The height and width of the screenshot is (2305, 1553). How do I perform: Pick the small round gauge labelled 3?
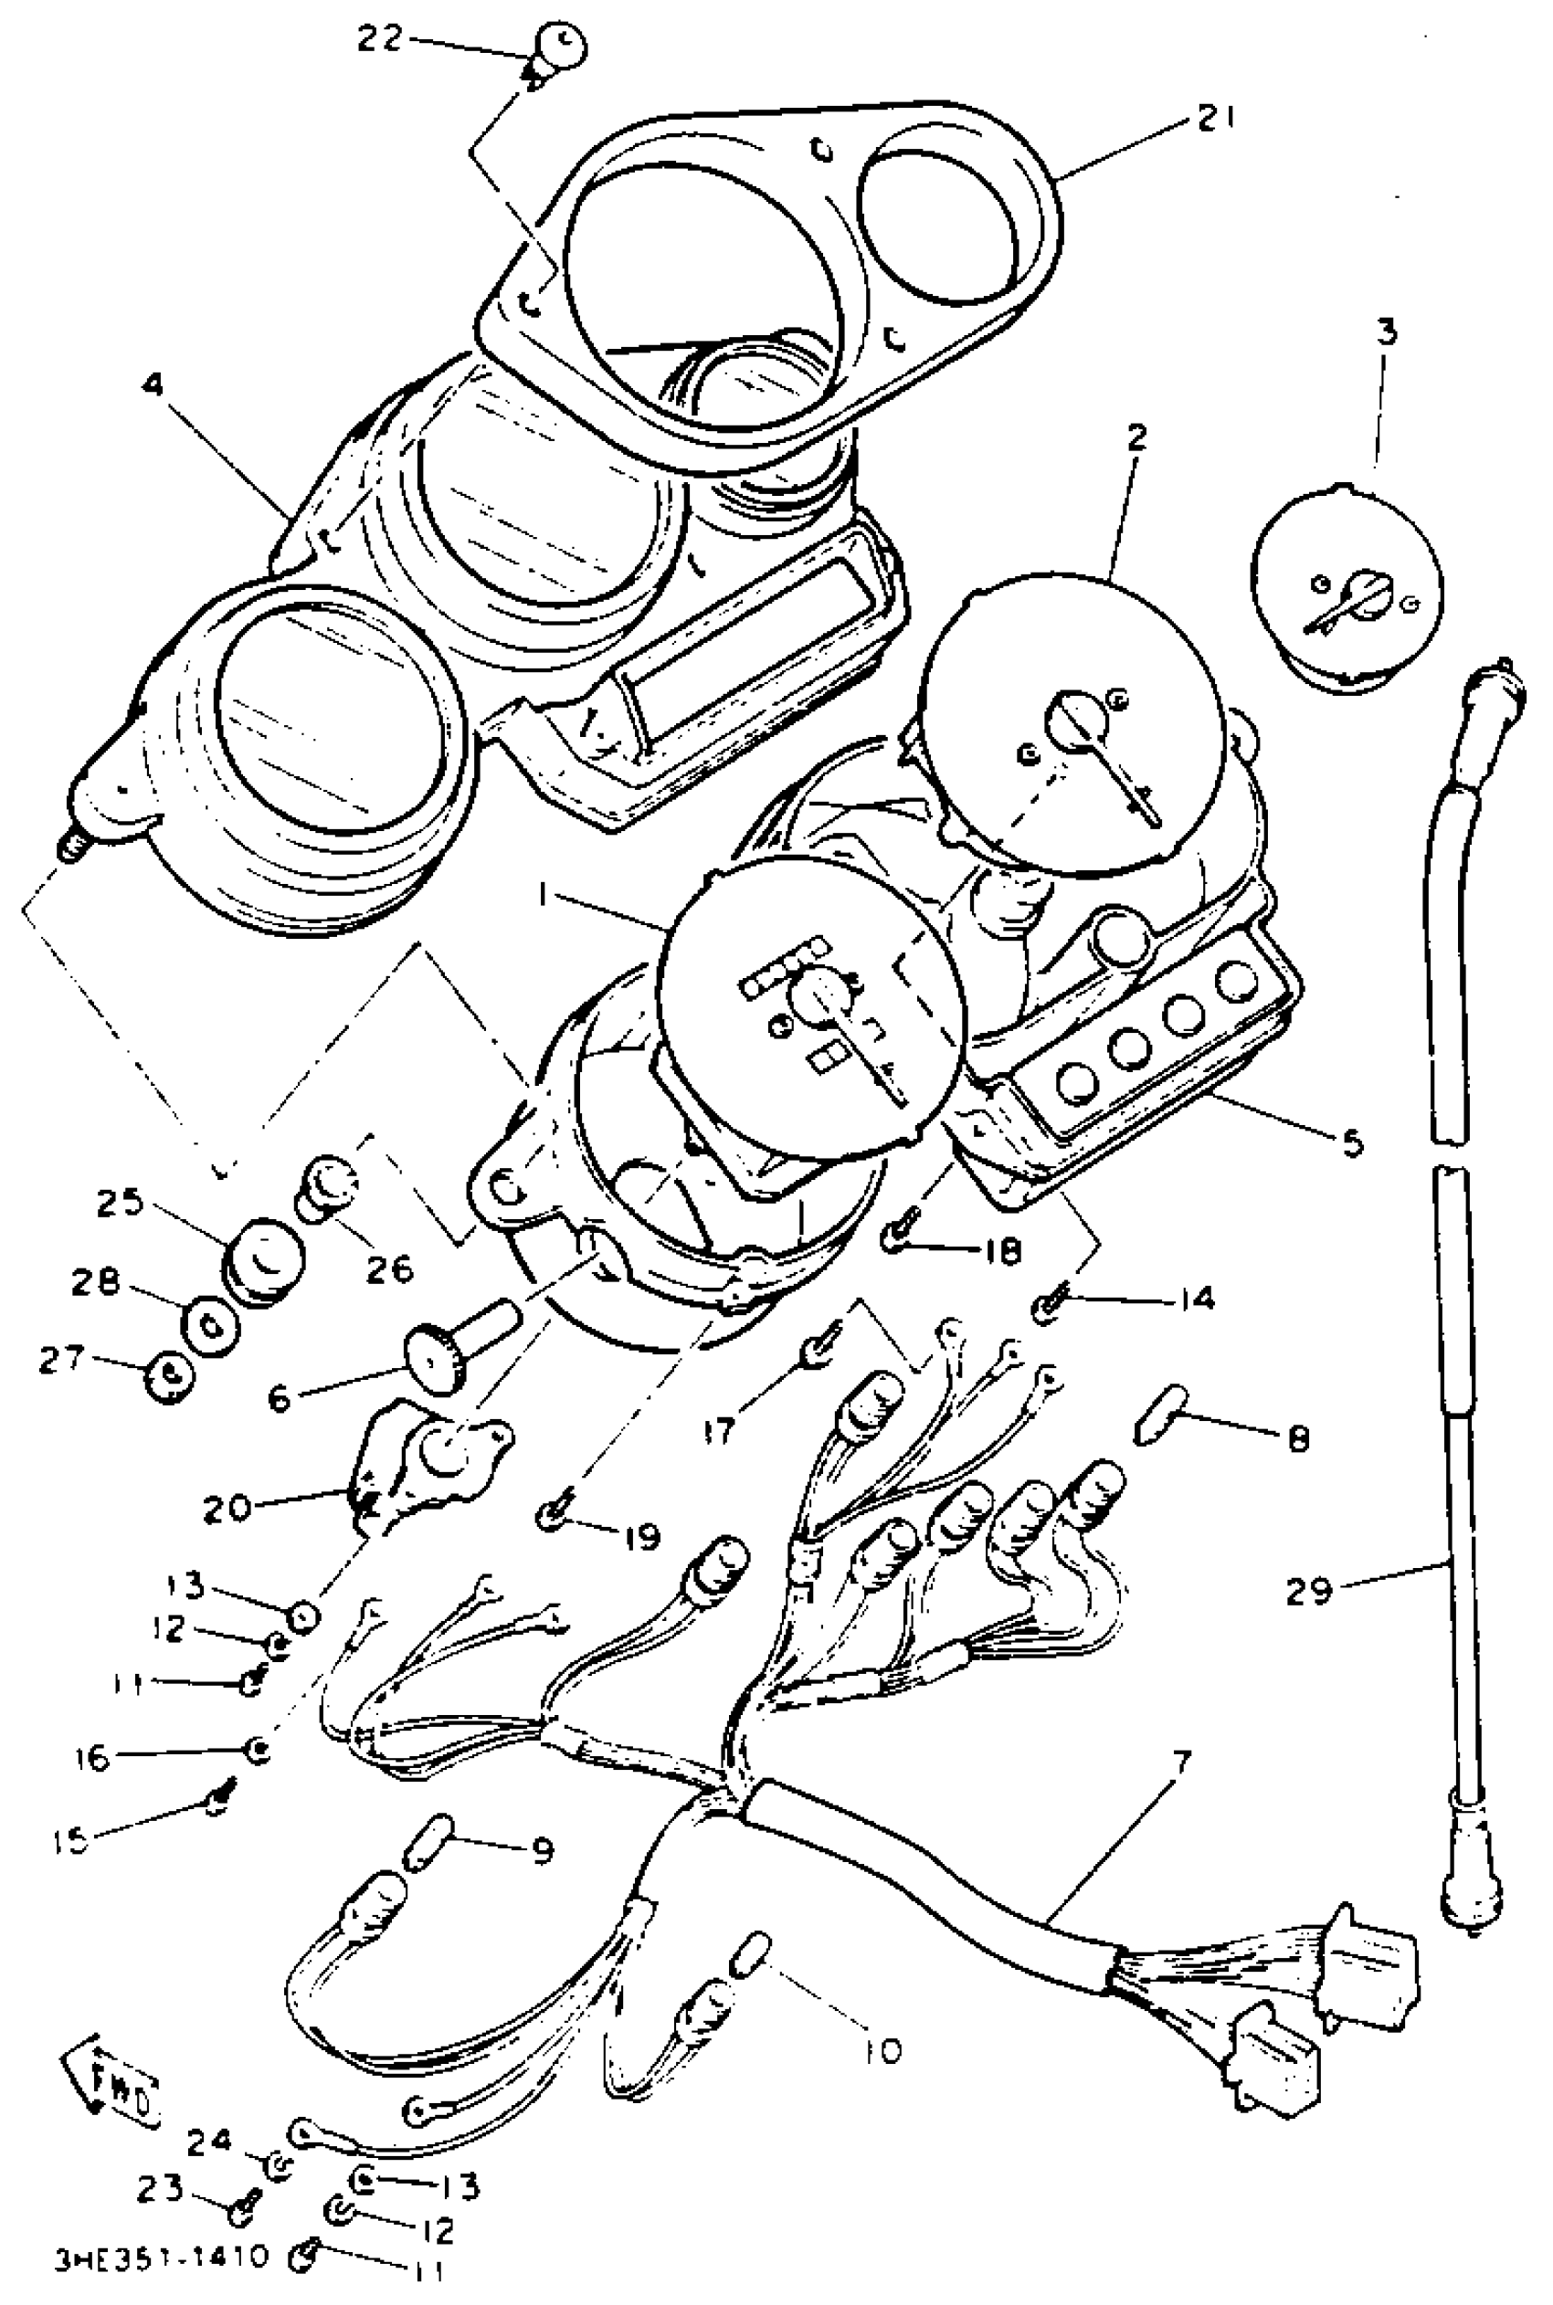coord(1346,588)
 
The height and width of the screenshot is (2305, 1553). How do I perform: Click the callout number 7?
coord(1184,1762)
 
